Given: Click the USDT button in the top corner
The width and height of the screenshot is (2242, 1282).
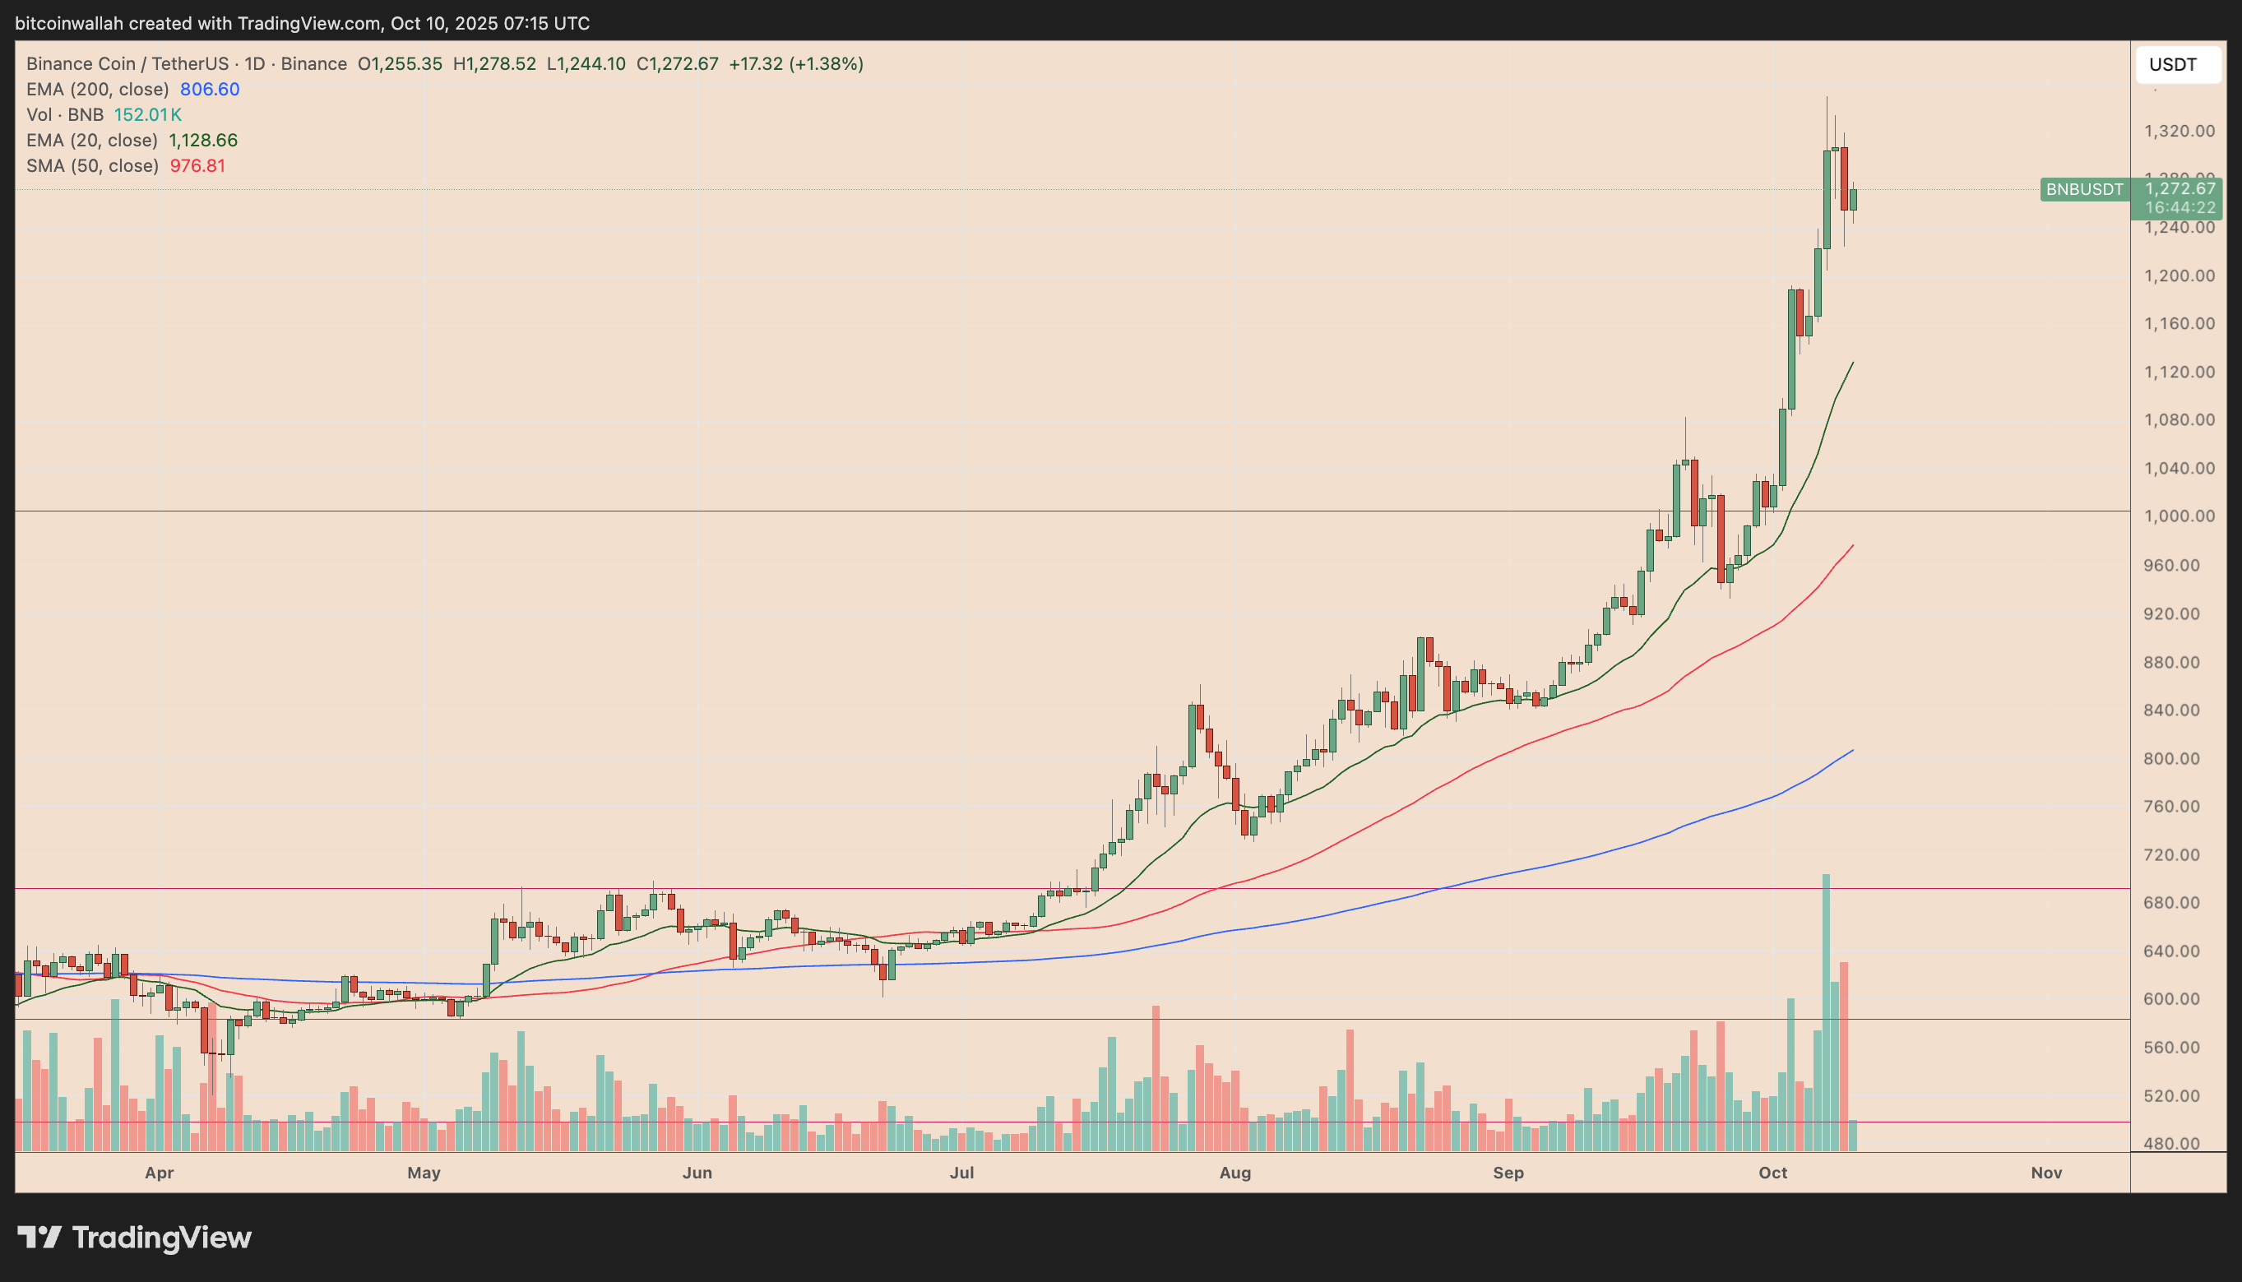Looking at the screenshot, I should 2177,64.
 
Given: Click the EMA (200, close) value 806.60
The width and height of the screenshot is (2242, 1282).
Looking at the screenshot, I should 210,89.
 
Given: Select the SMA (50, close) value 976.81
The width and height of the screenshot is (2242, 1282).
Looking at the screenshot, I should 197,165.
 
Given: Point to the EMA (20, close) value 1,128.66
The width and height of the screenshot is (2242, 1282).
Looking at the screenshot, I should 203,140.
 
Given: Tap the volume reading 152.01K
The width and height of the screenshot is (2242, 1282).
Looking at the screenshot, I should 148,114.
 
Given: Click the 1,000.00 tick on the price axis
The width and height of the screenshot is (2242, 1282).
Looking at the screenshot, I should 2179,516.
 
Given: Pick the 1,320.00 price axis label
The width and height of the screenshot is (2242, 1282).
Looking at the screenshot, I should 2179,132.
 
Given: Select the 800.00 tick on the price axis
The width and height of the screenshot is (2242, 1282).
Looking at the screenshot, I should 2179,758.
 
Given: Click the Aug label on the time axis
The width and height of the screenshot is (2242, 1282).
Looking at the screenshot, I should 1234,1173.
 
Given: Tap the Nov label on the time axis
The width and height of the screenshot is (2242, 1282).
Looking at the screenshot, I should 2045,1173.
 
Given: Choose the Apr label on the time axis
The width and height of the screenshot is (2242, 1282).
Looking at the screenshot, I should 159,1173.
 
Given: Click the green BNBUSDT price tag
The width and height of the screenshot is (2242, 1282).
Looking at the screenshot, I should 2083,189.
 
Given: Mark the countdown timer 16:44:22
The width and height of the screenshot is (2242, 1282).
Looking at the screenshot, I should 2179,208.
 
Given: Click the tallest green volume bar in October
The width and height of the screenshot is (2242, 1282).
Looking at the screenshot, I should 1826,1012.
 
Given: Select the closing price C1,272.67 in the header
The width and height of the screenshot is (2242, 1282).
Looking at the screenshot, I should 677,63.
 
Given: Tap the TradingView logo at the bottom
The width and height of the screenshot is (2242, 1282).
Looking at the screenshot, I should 135,1237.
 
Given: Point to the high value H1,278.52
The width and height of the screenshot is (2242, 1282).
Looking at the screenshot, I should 494,63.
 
